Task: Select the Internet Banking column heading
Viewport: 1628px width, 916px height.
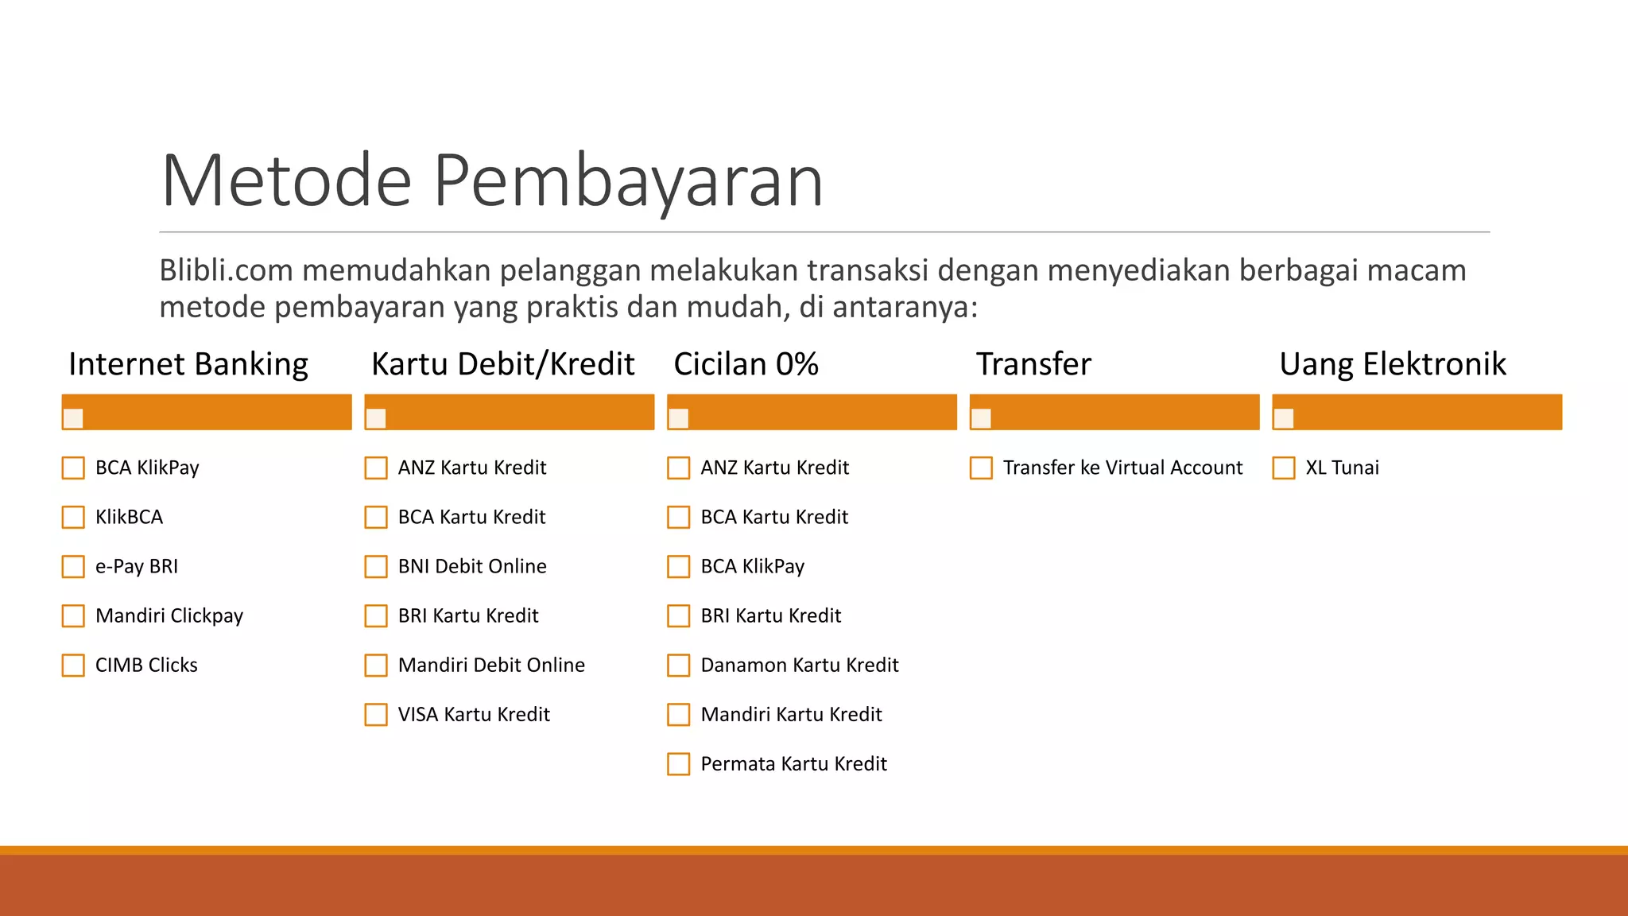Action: point(188,364)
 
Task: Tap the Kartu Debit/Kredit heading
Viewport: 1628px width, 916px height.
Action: point(502,364)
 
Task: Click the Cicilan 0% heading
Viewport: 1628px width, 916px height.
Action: point(746,364)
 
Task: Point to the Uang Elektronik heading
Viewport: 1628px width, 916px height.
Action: point(1392,364)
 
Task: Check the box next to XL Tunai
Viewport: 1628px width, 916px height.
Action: point(1283,468)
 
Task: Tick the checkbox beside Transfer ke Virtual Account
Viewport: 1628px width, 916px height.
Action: point(981,468)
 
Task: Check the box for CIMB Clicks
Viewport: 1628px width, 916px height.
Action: point(73,665)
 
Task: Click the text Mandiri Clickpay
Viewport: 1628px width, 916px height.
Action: point(169,616)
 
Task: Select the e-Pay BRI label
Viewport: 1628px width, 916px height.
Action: point(137,567)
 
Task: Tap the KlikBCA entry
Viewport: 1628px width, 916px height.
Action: point(129,518)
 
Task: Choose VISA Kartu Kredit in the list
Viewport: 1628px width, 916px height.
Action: point(474,715)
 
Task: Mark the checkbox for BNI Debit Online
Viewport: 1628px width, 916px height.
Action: point(376,566)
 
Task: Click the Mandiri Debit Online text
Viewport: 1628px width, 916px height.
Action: point(491,666)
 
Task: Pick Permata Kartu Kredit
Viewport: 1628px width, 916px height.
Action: point(793,764)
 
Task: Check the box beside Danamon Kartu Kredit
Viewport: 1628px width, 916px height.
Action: point(679,665)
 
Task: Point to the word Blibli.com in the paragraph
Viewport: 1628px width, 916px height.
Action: point(226,271)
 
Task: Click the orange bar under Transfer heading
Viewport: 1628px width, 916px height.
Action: point(1114,412)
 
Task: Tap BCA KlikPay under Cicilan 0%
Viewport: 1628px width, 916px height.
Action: point(752,567)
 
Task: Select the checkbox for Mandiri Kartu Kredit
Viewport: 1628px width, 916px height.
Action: point(679,714)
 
